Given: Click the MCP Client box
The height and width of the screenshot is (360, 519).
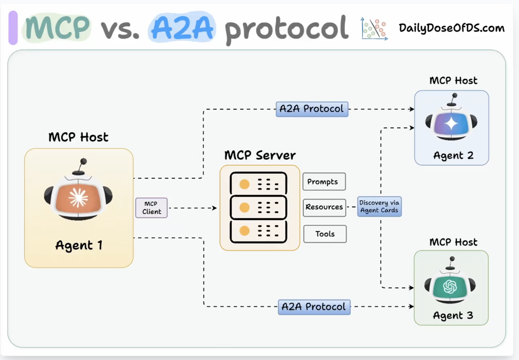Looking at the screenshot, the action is [x=151, y=208].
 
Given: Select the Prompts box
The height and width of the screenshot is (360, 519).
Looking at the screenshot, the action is [x=324, y=182].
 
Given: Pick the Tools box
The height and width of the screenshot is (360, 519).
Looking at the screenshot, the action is [x=325, y=234].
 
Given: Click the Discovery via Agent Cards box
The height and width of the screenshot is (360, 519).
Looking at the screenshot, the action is [x=379, y=206].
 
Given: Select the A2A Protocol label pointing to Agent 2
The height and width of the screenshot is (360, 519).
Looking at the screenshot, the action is [x=312, y=109].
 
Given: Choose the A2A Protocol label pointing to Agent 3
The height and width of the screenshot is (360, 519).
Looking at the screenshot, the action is [x=314, y=307].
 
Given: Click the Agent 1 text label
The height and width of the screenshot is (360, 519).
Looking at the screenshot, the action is [x=79, y=245].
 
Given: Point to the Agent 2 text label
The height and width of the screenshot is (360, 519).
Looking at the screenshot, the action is [x=453, y=156].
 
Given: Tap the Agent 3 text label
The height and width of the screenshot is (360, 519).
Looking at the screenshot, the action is [x=453, y=315].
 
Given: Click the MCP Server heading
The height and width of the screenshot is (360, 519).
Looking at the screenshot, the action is [x=260, y=155].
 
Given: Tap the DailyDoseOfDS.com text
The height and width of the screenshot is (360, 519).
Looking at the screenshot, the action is [x=452, y=28].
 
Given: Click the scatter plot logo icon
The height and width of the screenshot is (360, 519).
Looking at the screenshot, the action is [x=374, y=29].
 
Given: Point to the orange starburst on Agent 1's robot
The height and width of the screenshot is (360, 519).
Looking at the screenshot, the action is [x=78, y=198].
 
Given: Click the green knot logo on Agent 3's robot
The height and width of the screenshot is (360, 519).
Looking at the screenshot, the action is [x=450, y=287].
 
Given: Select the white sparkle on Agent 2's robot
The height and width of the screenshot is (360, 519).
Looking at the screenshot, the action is [x=451, y=123].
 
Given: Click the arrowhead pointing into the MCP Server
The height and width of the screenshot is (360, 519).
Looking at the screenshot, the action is [x=215, y=208].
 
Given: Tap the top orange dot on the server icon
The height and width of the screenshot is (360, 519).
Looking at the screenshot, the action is [x=244, y=184].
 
